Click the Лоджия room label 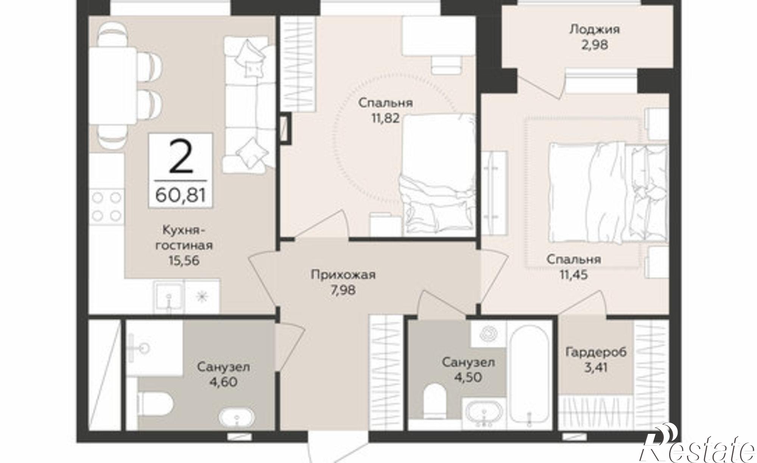(x=595, y=30)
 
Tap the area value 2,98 (x=595, y=45)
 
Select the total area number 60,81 (x=181, y=196)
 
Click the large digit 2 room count (x=181, y=156)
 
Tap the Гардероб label (x=596, y=352)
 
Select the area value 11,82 (x=385, y=118)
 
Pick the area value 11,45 (x=574, y=274)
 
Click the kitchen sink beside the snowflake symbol (x=169, y=297)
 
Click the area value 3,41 (x=596, y=367)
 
